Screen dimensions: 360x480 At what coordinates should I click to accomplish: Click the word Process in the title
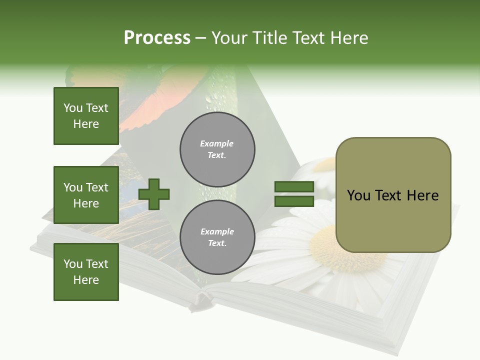(157, 38)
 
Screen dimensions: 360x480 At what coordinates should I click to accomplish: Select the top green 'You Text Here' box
(86, 116)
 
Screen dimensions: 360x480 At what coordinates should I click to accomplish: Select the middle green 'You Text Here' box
(86, 195)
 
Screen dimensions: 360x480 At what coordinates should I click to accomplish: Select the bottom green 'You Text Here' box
(86, 272)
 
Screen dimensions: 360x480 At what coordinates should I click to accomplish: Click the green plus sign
(154, 194)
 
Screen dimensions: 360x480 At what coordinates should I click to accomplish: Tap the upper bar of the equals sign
(294, 187)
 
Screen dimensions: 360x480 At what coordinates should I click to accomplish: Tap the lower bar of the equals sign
(294, 201)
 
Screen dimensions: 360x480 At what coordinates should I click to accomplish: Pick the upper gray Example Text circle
(217, 149)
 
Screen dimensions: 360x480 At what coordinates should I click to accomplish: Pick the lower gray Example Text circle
(217, 237)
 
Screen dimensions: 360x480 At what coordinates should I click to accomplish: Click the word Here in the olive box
(422, 195)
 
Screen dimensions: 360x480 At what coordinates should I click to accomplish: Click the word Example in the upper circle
(217, 143)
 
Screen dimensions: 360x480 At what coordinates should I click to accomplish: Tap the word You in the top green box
(72, 108)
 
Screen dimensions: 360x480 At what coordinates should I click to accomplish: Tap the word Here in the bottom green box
(86, 280)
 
